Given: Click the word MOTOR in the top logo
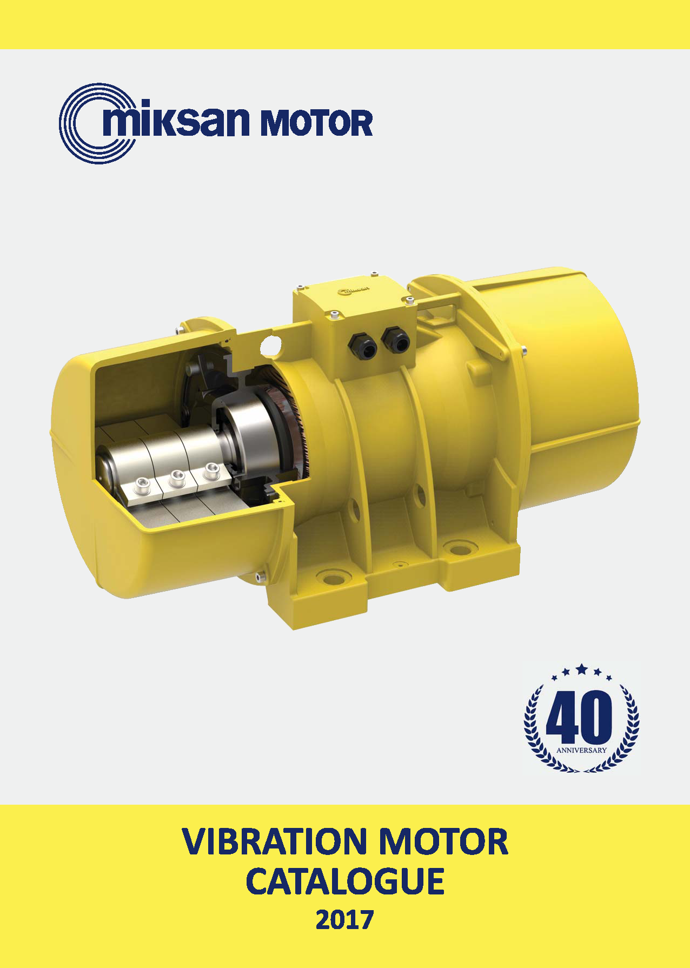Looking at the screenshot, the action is tap(316, 123).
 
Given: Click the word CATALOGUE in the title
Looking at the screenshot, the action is tap(345, 881).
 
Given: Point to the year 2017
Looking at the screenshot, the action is tap(345, 920).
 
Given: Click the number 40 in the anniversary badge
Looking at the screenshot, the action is tap(580, 717).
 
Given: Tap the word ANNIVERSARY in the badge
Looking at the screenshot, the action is tap(581, 751).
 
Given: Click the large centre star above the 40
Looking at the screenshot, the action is tap(582, 669).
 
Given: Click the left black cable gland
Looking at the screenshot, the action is tap(362, 344).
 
